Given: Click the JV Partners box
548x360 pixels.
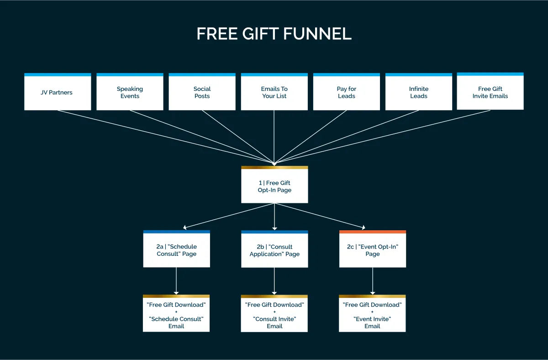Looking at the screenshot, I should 58,92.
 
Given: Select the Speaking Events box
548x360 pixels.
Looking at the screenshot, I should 130,92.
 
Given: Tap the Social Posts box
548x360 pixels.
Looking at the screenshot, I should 202,92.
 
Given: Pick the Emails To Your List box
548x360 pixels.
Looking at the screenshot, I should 274,92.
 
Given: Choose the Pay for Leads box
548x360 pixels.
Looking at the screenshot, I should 347,92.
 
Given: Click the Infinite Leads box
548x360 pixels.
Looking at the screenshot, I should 419,92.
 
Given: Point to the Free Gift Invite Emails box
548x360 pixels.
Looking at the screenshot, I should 490,92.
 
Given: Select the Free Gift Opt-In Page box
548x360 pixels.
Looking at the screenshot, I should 274,186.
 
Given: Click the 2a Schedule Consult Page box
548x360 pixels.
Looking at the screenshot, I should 176,250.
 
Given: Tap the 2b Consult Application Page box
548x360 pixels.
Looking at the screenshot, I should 274,250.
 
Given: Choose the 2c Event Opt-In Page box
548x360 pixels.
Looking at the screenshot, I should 373,250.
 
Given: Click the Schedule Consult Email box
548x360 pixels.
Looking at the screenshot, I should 176,315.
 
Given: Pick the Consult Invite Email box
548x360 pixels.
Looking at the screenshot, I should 274,315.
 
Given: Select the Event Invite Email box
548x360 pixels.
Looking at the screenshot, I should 372,315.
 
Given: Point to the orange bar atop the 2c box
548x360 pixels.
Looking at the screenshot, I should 373,232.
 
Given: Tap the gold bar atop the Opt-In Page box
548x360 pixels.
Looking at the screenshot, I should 274,168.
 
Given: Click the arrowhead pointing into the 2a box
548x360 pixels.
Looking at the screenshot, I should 184,227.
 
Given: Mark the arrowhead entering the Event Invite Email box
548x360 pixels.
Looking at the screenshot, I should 373,292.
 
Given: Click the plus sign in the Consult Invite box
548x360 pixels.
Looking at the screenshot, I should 274,312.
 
